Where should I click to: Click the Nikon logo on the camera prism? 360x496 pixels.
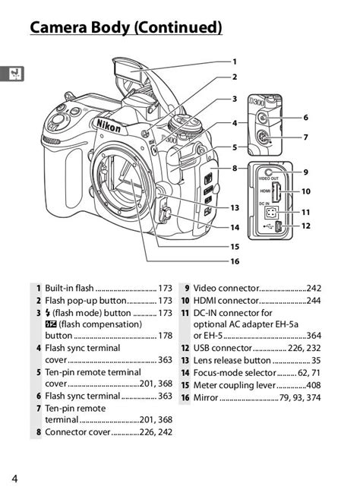109,125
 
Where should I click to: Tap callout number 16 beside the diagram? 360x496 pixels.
235,261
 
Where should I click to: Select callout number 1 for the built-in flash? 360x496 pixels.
235,62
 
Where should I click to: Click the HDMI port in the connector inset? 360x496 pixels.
276,192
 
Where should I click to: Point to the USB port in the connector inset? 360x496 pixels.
279,226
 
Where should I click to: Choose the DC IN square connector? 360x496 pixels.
270,213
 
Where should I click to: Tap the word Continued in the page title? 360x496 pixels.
178,27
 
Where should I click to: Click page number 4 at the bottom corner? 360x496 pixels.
15,479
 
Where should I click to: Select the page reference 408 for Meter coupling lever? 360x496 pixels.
314,385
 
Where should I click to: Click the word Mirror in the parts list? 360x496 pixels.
206,397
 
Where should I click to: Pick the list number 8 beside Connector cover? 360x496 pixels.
39,432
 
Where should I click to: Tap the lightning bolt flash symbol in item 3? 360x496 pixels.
48,313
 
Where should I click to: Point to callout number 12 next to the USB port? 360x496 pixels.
305,226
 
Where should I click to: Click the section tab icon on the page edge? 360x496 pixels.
14,74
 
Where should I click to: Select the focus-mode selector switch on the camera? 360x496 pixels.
166,215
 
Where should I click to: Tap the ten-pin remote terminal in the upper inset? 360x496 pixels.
262,137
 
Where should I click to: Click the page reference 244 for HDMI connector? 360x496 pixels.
314,301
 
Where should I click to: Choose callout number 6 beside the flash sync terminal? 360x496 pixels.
305,118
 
